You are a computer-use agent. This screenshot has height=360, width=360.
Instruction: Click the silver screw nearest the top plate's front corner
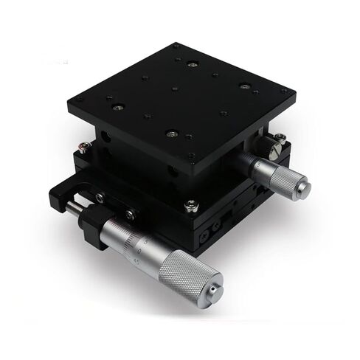click(171, 134)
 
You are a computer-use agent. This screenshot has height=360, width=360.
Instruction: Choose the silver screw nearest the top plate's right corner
click(243, 86)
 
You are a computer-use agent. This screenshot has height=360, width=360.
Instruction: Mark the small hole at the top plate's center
click(174, 89)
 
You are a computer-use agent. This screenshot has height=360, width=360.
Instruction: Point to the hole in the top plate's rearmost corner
click(176, 47)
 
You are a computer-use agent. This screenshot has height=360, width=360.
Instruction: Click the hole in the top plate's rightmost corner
click(283, 91)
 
